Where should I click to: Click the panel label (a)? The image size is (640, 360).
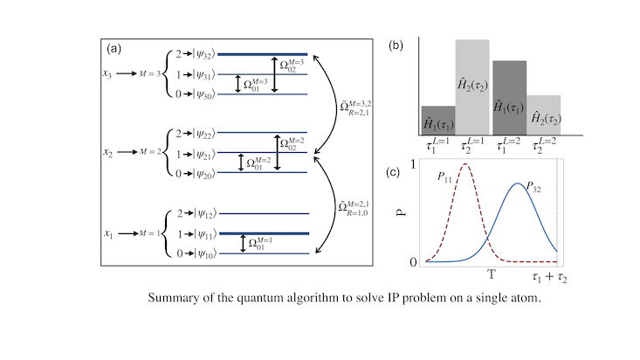pos(114,49)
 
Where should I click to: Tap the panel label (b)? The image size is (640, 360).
pos(396,45)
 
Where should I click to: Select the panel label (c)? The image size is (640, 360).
pos(393,172)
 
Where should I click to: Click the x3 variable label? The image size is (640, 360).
pos(107,74)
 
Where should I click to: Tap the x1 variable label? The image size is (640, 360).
pos(107,233)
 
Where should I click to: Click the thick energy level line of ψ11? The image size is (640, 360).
pos(264,233)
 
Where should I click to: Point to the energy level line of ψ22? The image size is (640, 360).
pos(263,133)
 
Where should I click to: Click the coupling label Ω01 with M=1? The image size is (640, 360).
pos(259,243)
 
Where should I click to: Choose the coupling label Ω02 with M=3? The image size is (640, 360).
pos(292,65)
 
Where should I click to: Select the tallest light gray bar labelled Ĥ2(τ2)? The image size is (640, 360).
pos(472,87)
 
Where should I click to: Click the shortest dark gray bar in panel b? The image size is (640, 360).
pos(438,121)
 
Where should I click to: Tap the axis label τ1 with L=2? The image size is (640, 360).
pos(508,145)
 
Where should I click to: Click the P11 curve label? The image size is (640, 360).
pos(444,177)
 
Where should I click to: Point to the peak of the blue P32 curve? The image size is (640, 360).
pos(518,183)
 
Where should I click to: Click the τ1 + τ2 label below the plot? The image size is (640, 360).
pos(549,278)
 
